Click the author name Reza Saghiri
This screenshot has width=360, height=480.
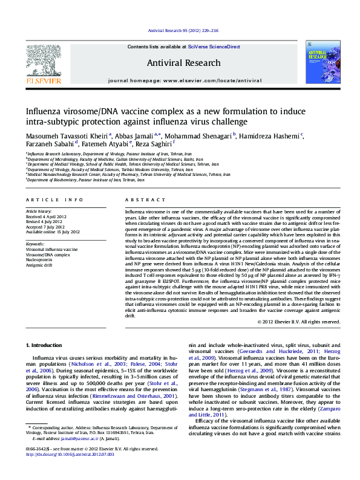coord(154,146)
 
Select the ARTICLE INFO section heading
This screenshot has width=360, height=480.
coord(53,199)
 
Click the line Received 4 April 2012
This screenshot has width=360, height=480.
coord(44,217)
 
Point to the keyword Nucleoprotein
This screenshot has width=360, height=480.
coord(39,259)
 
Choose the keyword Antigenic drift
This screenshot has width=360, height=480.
coord(39,264)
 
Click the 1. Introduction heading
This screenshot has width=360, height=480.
coord(45,345)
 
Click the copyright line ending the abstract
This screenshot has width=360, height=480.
coord(299,322)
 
